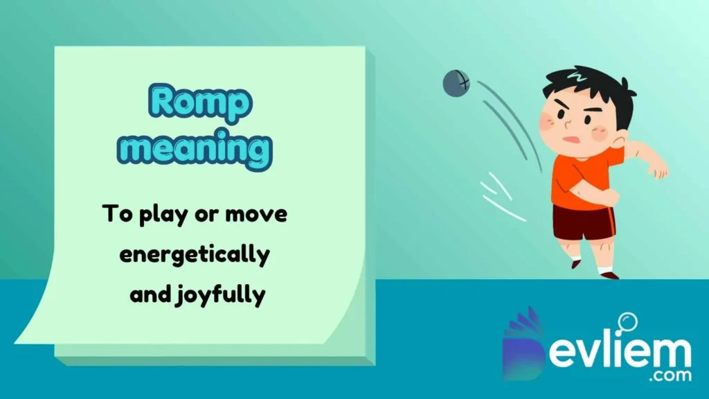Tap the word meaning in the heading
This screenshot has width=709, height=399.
click(x=200, y=149)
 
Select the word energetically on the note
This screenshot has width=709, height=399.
click(x=194, y=255)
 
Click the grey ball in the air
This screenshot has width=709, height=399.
click(x=456, y=83)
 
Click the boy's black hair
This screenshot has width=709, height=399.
click(x=589, y=87)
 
